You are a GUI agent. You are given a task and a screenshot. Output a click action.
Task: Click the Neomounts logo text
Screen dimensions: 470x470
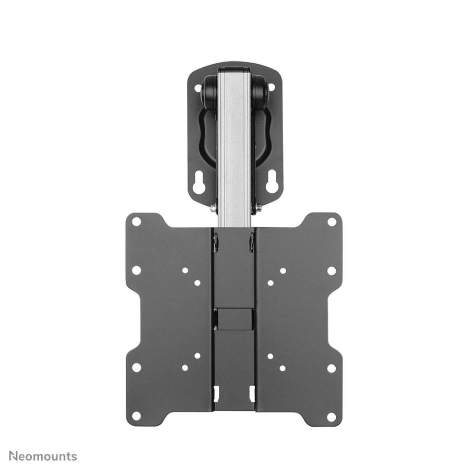43,456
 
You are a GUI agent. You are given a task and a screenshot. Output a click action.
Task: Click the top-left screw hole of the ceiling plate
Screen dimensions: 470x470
198,88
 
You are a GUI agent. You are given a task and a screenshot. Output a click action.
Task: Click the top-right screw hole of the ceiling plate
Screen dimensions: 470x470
272,88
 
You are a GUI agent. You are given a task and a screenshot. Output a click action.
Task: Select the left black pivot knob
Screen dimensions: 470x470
210,89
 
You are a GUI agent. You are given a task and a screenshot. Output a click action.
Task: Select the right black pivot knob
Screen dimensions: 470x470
260,89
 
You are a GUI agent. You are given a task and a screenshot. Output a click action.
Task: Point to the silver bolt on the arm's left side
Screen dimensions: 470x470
214,208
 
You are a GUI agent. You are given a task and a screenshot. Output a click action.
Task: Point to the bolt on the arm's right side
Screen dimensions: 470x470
258,208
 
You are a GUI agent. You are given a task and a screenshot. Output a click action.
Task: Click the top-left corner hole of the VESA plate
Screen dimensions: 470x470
136,222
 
